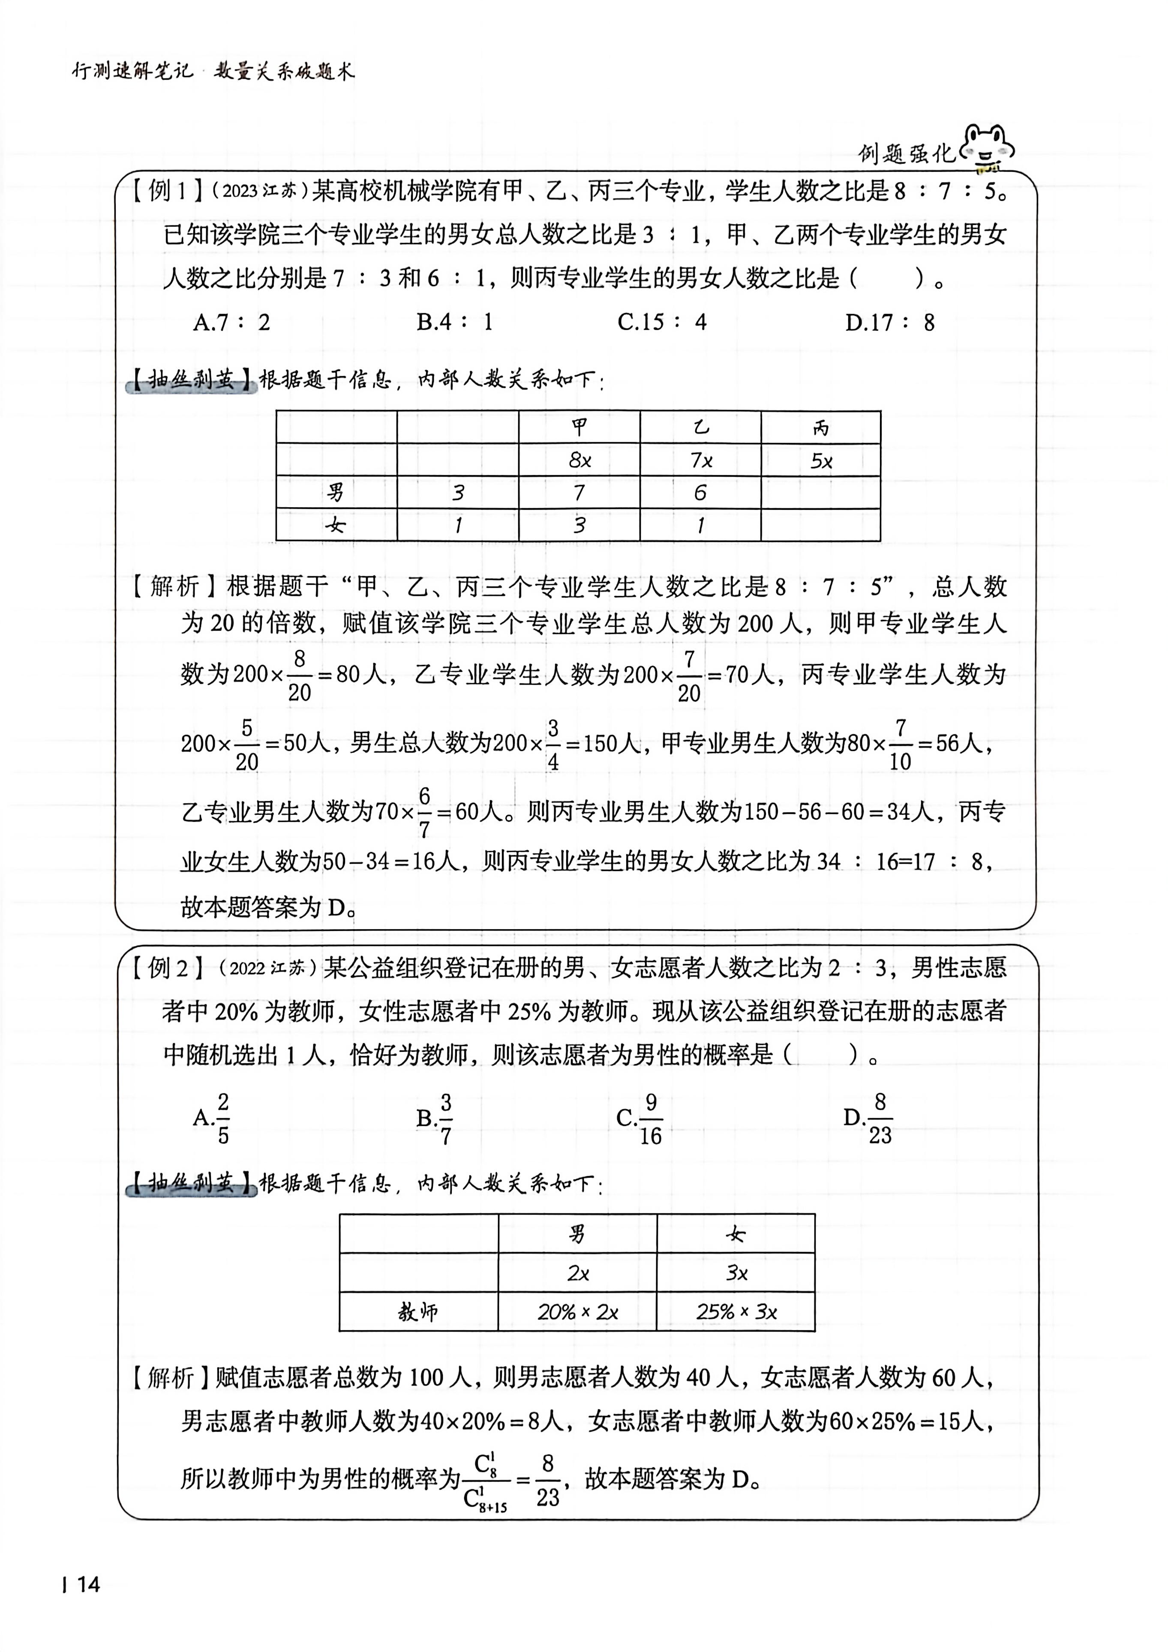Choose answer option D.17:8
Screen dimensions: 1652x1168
889,322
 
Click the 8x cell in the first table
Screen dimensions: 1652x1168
579,460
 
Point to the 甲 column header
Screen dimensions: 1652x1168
579,428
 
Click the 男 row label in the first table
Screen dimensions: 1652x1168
336,492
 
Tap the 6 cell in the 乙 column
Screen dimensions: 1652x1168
700,492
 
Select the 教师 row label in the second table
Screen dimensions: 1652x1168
418,1312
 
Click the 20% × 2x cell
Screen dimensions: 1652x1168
578,1312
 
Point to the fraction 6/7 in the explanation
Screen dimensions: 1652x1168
425,812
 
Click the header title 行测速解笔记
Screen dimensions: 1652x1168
133,71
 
